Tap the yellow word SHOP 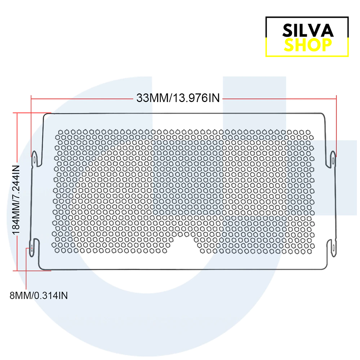tap(308, 45)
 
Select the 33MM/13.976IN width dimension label tap(178, 98)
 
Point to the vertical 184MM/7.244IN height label tap(16, 200)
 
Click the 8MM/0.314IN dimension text tap(39, 296)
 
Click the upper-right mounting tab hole tap(333, 160)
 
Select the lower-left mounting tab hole tap(32, 248)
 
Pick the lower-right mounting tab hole tap(333, 248)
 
